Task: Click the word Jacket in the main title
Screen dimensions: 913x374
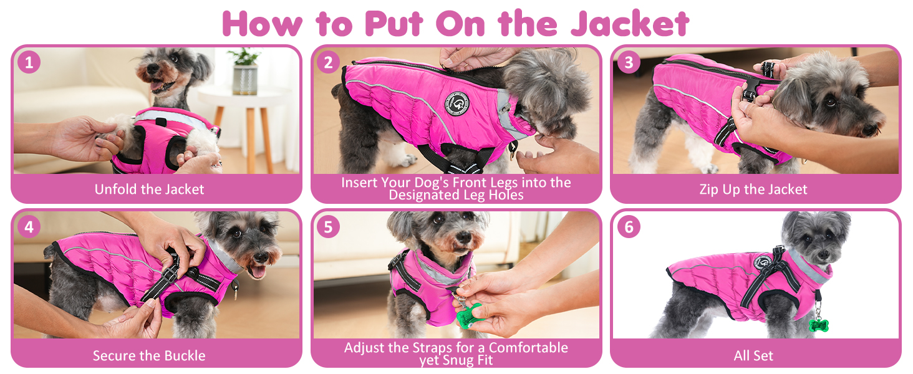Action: coord(630,24)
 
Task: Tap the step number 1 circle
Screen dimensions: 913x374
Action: coord(29,62)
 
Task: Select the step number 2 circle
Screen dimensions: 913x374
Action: coord(328,62)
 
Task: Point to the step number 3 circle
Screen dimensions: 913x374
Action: coord(629,62)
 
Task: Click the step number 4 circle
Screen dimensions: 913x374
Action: coord(29,226)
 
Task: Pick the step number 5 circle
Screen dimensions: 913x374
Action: coord(328,226)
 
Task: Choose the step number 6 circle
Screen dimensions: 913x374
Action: coord(629,226)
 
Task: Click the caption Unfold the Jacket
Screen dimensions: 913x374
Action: coord(149,189)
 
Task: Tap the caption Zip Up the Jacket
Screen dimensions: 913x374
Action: coord(753,189)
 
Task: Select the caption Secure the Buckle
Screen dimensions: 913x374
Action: coord(149,356)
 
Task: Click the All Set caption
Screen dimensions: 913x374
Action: coord(753,356)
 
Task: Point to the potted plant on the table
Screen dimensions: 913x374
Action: coord(244,71)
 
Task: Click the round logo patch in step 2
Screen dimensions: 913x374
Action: coord(457,103)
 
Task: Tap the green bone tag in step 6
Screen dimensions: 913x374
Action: coord(819,325)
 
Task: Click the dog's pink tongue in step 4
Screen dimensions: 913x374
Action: coord(258,272)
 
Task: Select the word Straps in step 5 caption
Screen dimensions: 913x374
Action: coord(433,348)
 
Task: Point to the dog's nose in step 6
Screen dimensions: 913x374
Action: coord(823,254)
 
